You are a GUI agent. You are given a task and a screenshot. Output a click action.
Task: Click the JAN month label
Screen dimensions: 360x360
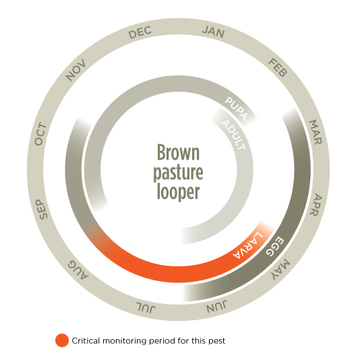coord(213,32)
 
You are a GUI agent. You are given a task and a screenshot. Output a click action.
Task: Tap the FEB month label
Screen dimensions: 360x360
coord(278,67)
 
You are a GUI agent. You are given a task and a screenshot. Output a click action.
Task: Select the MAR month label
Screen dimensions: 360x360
coord(316,132)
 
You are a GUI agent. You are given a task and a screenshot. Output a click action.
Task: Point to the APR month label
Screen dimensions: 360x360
coord(316,204)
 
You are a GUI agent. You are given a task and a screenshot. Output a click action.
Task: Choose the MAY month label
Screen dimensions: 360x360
coord(280,270)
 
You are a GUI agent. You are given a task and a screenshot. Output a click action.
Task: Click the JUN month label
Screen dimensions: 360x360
coord(216,307)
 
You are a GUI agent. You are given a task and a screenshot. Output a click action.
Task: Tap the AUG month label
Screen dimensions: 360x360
coord(78,270)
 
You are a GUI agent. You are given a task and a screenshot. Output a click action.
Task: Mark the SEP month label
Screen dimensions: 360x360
coord(42,210)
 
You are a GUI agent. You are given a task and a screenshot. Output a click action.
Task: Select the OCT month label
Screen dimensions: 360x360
coord(40,134)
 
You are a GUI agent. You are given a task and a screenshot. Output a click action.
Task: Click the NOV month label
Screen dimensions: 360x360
coord(76,70)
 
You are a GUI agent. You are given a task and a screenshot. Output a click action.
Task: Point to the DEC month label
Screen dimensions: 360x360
coord(140,32)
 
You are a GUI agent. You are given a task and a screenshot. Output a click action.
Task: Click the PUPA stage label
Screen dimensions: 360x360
coord(236,109)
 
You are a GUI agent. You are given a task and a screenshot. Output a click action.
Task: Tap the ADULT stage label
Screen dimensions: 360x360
coord(233,135)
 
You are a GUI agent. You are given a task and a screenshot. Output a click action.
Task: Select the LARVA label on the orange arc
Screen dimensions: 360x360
coord(247,245)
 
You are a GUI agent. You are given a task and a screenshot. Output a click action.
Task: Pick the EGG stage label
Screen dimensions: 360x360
coord(275,246)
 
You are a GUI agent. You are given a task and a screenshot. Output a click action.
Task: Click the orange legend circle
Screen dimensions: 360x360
coord(62,340)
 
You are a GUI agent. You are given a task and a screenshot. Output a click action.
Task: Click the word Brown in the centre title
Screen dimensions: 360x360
coord(179,152)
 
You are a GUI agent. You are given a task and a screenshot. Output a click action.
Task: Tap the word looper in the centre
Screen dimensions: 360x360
coord(179,192)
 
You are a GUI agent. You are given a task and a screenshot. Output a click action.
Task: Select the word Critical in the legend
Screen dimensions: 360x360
coord(86,340)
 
